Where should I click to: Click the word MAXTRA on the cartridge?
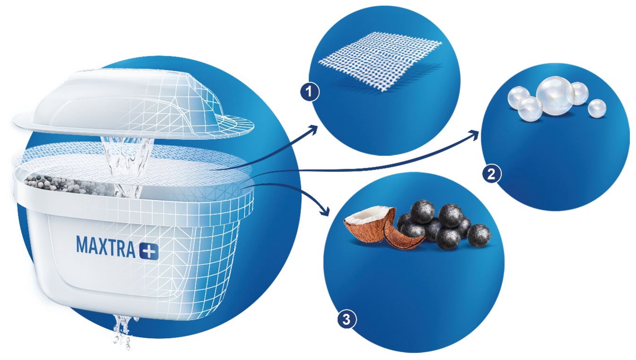[106, 247]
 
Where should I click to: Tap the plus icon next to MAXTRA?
[149, 251]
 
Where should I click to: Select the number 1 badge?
[309, 92]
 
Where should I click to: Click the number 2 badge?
[492, 173]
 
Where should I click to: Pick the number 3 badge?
[346, 320]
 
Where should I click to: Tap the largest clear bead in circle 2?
[555, 95]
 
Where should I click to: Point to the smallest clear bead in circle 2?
[597, 108]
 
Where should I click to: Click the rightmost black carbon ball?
[479, 235]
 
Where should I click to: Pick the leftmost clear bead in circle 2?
[518, 96]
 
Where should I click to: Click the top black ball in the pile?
[422, 211]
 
